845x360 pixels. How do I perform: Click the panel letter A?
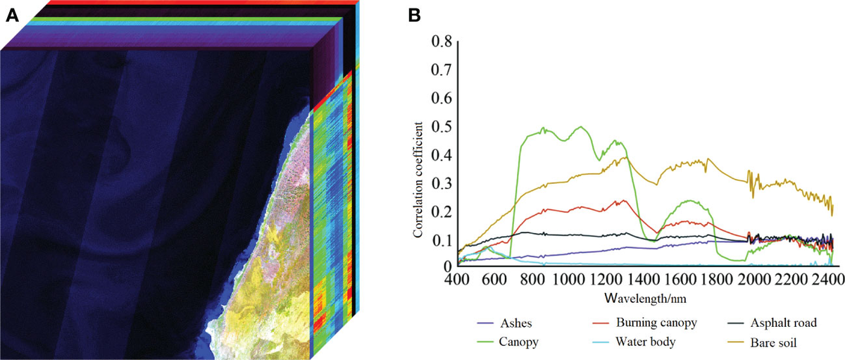tap(12, 14)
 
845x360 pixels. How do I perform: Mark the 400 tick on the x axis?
tap(458, 280)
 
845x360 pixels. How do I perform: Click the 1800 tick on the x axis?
tap(717, 280)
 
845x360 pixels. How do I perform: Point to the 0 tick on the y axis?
tap(446, 267)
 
